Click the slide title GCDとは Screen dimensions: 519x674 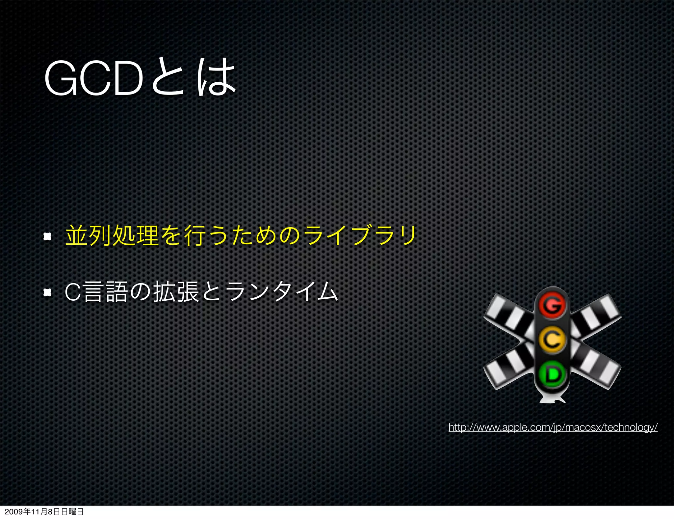tap(140, 77)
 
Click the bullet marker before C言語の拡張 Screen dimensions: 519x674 tap(48, 292)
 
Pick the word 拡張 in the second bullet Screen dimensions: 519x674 tap(176, 292)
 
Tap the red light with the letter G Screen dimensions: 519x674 tap(552, 306)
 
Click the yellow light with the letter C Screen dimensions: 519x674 tap(552, 339)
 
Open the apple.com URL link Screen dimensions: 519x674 tap(553, 427)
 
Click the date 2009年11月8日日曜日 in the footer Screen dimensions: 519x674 tap(44, 512)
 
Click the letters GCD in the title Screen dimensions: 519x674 tap(94, 79)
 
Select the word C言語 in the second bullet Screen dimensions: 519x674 tap(95, 292)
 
